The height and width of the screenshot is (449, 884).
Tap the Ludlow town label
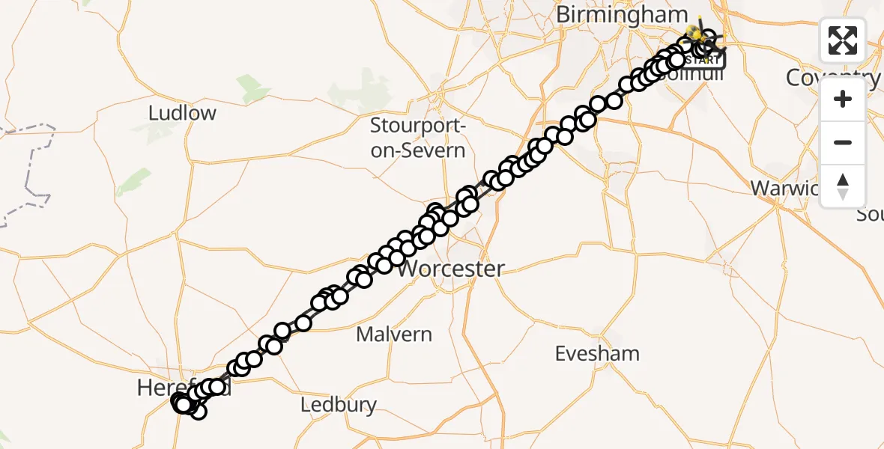point(182,113)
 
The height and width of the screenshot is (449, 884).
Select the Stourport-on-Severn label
point(417,138)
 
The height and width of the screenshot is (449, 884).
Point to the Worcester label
point(450,269)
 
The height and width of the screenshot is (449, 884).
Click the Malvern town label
point(394,334)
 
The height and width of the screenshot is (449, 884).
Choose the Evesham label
point(597,353)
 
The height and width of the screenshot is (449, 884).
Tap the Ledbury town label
point(339,405)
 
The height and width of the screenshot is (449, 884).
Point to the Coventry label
point(832,77)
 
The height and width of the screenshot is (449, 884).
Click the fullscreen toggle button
point(843,40)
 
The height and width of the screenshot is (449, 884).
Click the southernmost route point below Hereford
point(198,411)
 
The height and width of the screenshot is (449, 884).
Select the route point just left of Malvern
point(303,323)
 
